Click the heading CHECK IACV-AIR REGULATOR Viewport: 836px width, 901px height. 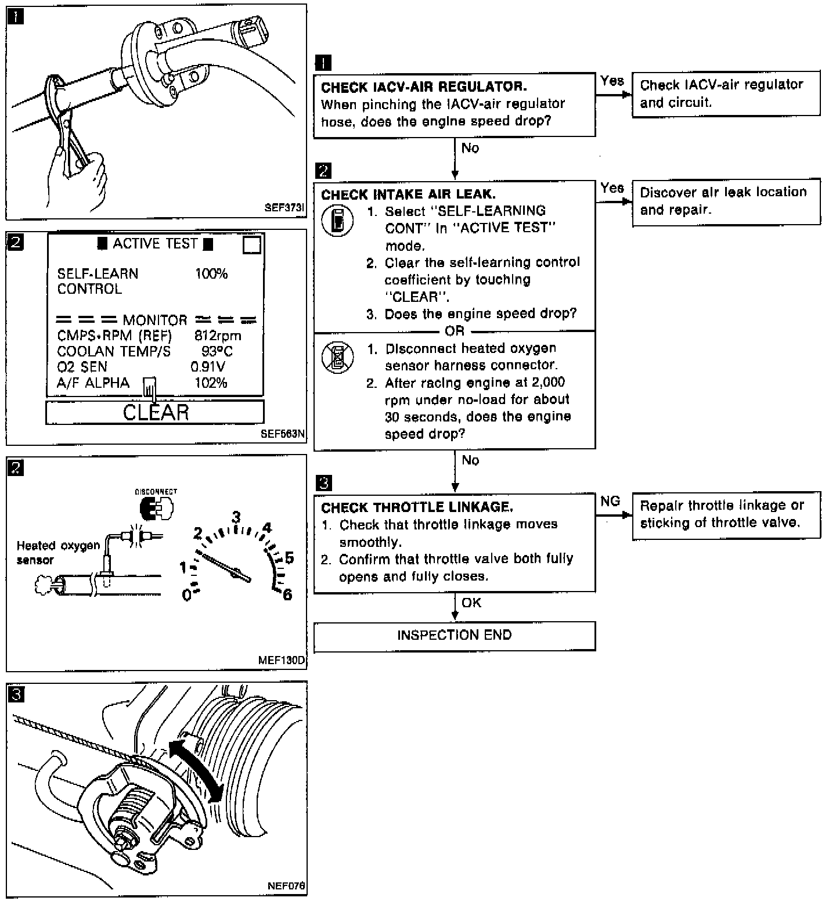pos(424,87)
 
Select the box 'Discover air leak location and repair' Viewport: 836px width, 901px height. pos(726,201)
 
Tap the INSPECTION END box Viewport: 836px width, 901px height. pos(454,635)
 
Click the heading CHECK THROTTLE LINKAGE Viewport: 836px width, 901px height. pos(417,507)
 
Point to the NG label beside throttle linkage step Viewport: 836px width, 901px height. pos(610,501)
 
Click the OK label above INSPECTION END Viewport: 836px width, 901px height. pos(471,603)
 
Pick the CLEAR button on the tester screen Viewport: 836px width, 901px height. pos(155,412)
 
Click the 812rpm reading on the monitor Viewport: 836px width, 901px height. pos(218,336)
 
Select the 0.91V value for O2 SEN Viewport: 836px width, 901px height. pos(208,367)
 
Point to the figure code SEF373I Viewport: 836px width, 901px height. pos(284,207)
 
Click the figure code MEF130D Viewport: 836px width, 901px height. pos(282,660)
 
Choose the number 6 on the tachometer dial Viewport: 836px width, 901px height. pos(287,594)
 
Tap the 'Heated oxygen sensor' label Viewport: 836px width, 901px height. pos(58,553)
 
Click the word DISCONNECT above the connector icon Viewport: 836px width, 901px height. pos(156,491)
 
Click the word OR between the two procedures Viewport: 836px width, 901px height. pos(454,331)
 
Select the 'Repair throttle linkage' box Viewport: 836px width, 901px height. pos(726,514)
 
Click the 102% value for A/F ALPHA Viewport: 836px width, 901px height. pos(211,383)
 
